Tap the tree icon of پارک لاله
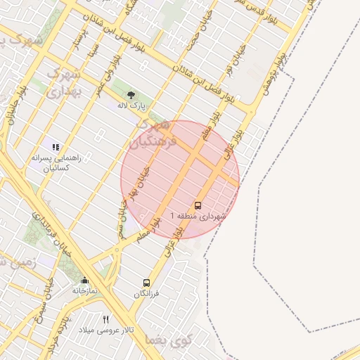coord(131,94)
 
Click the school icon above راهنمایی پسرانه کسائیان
coord(56,147)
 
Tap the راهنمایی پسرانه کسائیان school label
coord(56,164)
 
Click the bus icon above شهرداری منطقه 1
coord(197,206)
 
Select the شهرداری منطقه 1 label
coord(198,217)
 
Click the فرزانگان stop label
coord(147,292)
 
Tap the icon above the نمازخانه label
coord(84,280)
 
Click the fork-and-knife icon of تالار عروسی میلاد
coord(106,319)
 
